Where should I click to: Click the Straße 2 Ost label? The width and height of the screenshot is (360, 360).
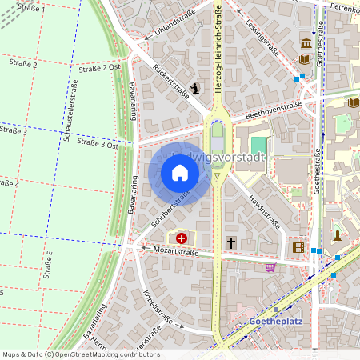[100, 68]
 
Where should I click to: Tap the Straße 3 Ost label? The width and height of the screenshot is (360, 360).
[98, 145]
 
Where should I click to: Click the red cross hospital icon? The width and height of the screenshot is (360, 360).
[182, 238]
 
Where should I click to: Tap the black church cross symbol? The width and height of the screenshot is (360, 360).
[231, 242]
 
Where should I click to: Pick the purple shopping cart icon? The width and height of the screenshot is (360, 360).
[271, 266]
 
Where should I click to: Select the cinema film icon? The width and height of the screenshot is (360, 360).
[298, 248]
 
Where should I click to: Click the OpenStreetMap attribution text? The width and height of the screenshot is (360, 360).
[80, 354]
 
